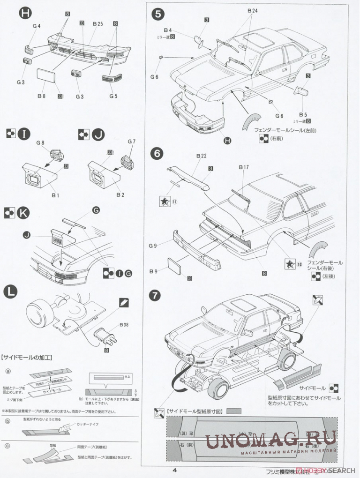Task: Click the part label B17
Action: pos(244,167)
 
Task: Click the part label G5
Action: pos(113,97)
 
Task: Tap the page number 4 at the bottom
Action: pos(174,471)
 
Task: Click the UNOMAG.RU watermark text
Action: pos(271,439)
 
